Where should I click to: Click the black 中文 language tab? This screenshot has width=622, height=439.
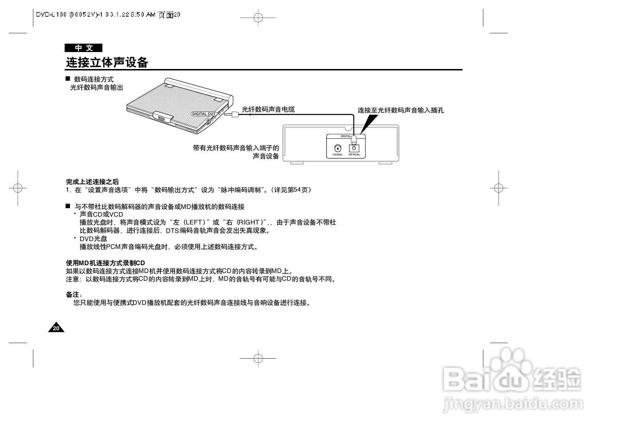[83, 48]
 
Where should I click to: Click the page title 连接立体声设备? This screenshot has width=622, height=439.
[107, 63]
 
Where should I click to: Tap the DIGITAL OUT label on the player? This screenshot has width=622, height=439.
[204, 114]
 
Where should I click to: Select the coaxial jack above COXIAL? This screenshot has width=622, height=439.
[338, 148]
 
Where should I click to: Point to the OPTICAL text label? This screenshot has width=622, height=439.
[354, 155]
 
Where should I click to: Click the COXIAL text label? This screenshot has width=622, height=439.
[338, 155]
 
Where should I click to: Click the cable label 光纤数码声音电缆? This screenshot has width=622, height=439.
[268, 109]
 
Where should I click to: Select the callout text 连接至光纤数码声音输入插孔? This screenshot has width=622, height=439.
[400, 110]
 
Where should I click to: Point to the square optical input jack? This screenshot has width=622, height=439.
[354, 148]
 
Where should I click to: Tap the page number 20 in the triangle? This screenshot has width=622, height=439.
[56, 329]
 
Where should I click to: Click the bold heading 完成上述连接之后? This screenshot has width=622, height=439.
[92, 182]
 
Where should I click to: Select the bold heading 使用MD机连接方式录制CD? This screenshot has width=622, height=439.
[105, 263]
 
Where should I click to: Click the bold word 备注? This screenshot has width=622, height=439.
[73, 295]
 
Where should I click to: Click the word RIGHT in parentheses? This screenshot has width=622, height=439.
[249, 222]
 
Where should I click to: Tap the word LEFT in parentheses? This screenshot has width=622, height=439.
[193, 222]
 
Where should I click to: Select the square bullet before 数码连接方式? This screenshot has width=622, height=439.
[68, 79]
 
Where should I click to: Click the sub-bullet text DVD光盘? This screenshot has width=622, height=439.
[93, 239]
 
